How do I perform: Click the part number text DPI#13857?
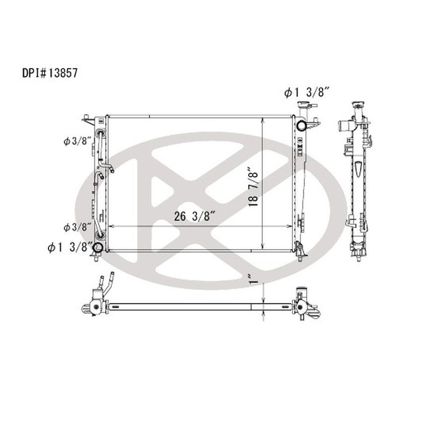50,73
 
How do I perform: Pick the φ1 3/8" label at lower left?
70,247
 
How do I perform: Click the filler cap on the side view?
359,107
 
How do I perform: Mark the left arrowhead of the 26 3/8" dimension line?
110,226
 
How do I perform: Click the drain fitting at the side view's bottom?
357,256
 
